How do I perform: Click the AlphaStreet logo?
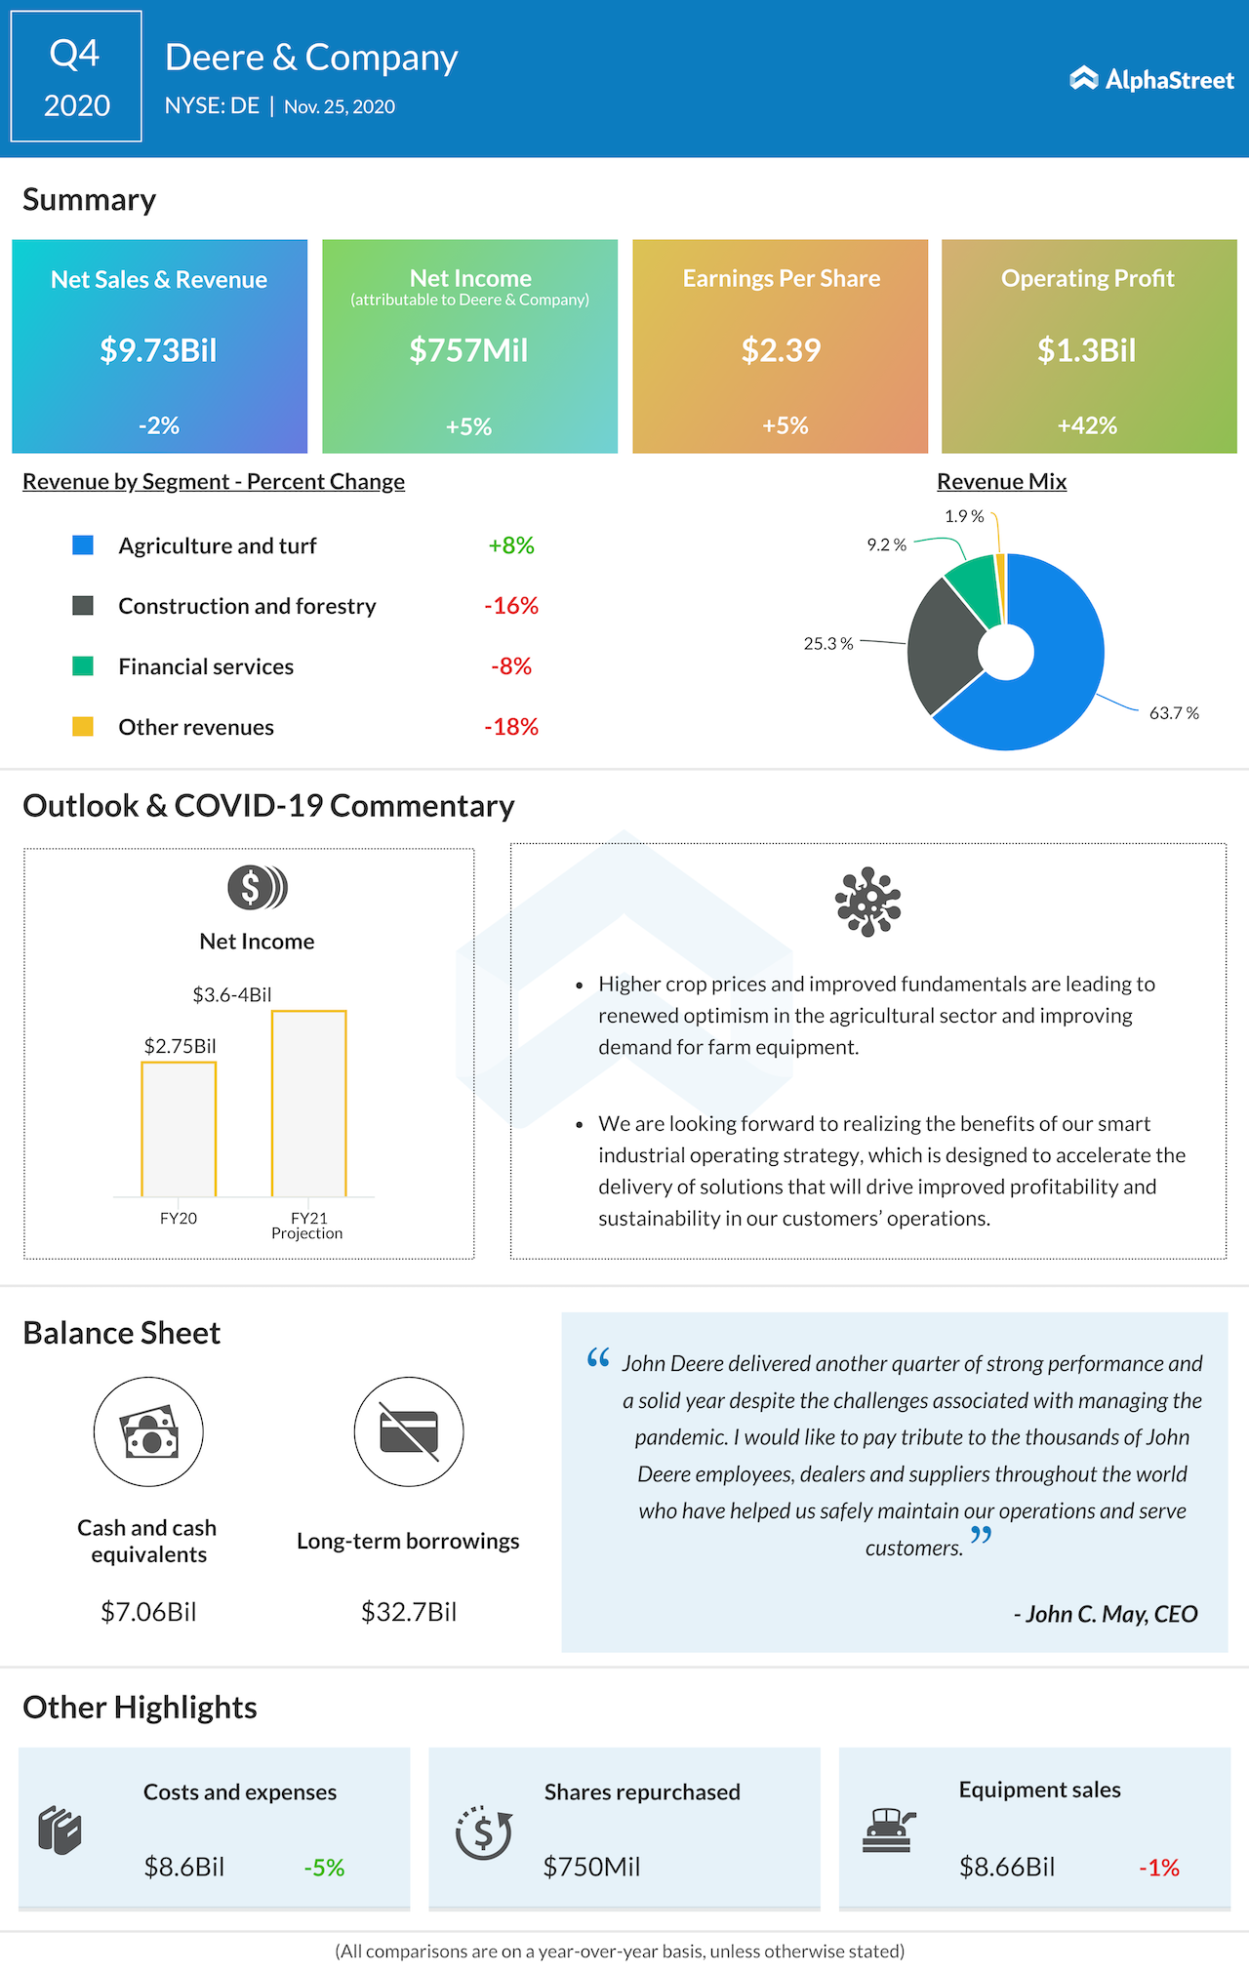1151,79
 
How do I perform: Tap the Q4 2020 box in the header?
76,77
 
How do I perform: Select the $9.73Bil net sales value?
158,350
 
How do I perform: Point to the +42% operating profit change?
1087,425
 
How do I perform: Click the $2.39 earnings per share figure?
781,350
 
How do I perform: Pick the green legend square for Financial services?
83,666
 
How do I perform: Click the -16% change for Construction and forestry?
511,606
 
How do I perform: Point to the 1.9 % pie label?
964,516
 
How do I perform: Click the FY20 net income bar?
179,1129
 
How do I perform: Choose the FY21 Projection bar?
308,1104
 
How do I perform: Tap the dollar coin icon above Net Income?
257,888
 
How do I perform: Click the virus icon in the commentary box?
867,902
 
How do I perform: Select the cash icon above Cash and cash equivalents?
148,1431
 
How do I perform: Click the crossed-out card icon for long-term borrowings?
409,1431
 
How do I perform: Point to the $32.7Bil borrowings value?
409,1612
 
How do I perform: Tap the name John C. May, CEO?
1106,1614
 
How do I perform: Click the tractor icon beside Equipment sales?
888,1830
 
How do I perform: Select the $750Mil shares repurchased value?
591,1867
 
